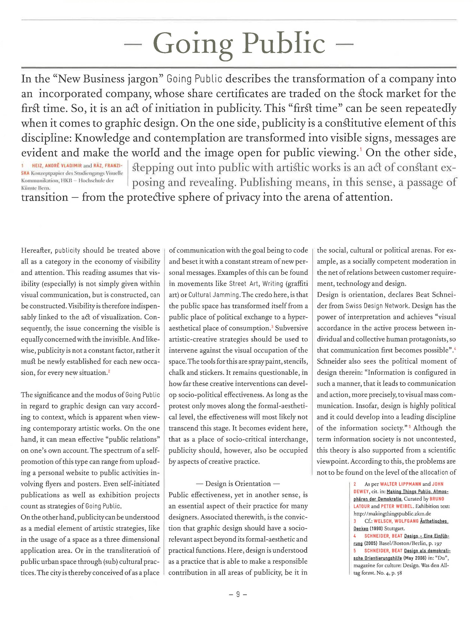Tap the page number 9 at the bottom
(x=238, y=594)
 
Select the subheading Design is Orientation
(x=238, y=484)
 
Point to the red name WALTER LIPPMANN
(x=400, y=484)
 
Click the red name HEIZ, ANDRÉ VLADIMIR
(x=57, y=166)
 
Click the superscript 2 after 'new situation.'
(x=109, y=371)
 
